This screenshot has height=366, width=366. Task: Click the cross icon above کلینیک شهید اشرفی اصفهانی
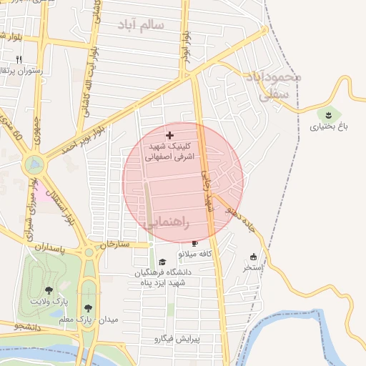click(x=169, y=135)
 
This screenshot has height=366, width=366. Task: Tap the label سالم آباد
click(x=142, y=25)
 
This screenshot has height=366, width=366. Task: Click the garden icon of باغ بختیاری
click(x=328, y=114)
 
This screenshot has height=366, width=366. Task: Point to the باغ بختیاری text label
click(x=328, y=128)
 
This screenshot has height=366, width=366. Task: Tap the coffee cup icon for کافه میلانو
click(x=194, y=243)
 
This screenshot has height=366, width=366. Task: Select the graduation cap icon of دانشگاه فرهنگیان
click(x=162, y=262)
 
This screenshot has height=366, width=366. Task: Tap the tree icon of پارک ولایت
click(x=48, y=290)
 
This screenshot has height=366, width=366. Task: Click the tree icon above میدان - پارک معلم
click(x=88, y=305)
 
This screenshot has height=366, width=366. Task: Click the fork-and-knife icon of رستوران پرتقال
click(x=19, y=59)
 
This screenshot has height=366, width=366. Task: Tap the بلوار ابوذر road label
click(x=186, y=46)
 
